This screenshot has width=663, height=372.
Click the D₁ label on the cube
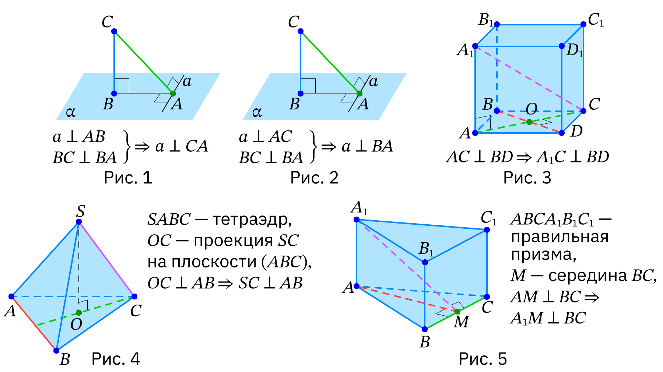(x=574, y=50)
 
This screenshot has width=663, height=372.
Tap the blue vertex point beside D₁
(x=561, y=46)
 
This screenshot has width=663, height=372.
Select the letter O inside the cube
(x=531, y=109)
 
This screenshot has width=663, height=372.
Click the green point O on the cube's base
(x=529, y=122)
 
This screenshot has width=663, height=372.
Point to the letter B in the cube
(x=487, y=104)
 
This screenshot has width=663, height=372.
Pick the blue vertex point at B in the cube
(x=497, y=111)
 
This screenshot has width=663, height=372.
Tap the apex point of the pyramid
(x=78, y=222)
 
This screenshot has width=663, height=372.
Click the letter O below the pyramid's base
(x=76, y=324)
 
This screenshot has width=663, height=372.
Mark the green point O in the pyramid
(x=78, y=313)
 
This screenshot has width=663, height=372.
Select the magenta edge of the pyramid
(x=107, y=259)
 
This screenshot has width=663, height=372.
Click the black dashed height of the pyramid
(x=79, y=265)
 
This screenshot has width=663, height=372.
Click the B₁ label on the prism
(x=426, y=249)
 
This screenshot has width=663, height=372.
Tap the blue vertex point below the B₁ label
(x=425, y=262)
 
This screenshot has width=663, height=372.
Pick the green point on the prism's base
(x=457, y=312)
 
